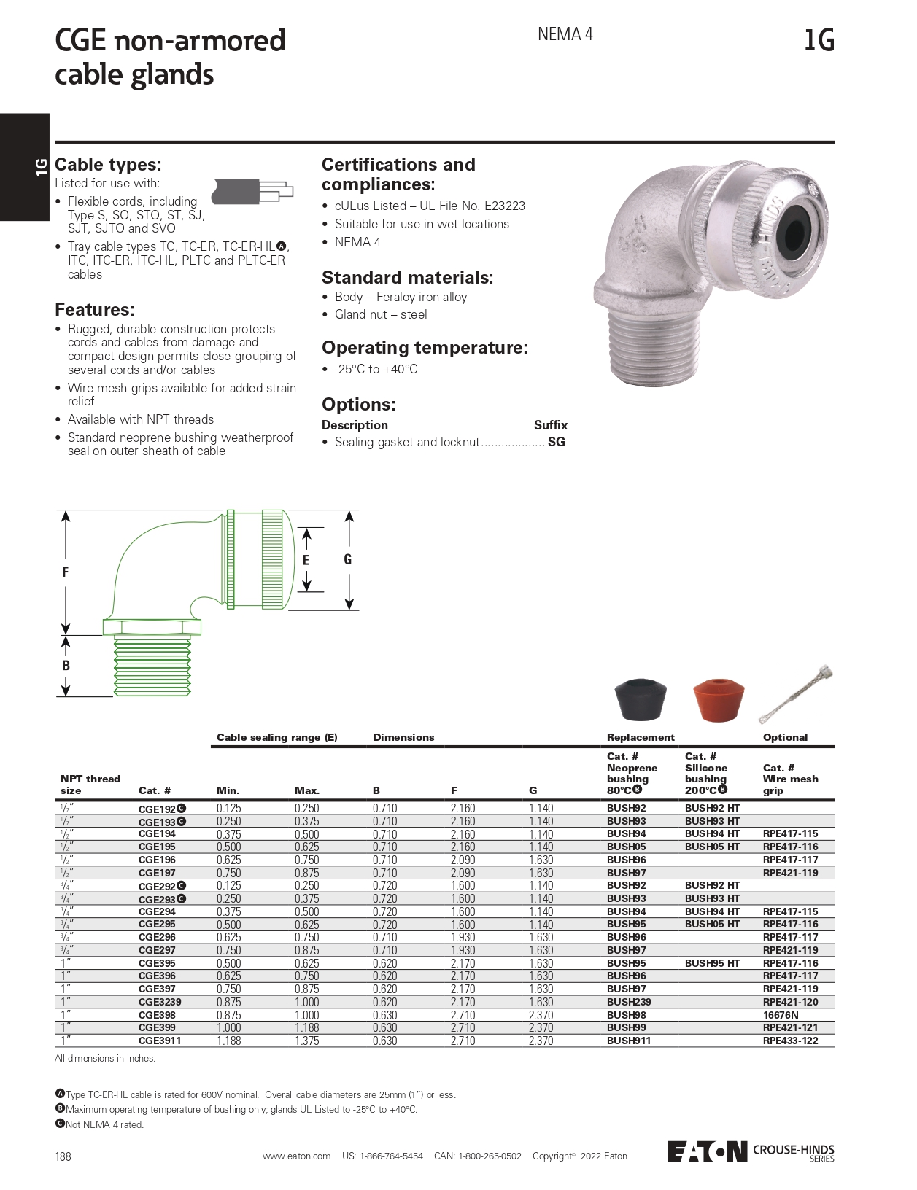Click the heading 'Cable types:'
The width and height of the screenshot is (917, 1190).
click(x=108, y=164)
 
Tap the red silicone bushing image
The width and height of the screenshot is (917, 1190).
click(x=718, y=701)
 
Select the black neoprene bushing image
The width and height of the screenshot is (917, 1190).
click(x=641, y=699)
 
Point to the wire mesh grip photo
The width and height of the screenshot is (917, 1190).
click(x=796, y=693)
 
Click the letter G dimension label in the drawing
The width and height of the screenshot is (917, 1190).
click(x=347, y=559)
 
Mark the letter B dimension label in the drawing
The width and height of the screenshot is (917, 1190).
click(x=66, y=666)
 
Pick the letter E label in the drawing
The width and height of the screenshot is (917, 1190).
click(x=306, y=560)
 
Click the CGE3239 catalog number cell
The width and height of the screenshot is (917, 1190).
click(x=160, y=1002)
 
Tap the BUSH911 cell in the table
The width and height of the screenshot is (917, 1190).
click(x=628, y=1041)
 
